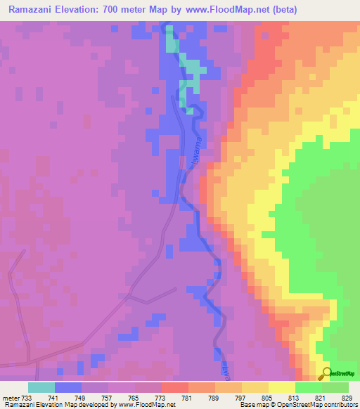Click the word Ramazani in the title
click(x=32, y=10)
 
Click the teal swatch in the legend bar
click(x=41, y=387)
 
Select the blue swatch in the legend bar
click(x=68, y=387)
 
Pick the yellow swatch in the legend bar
click(x=282, y=387)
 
